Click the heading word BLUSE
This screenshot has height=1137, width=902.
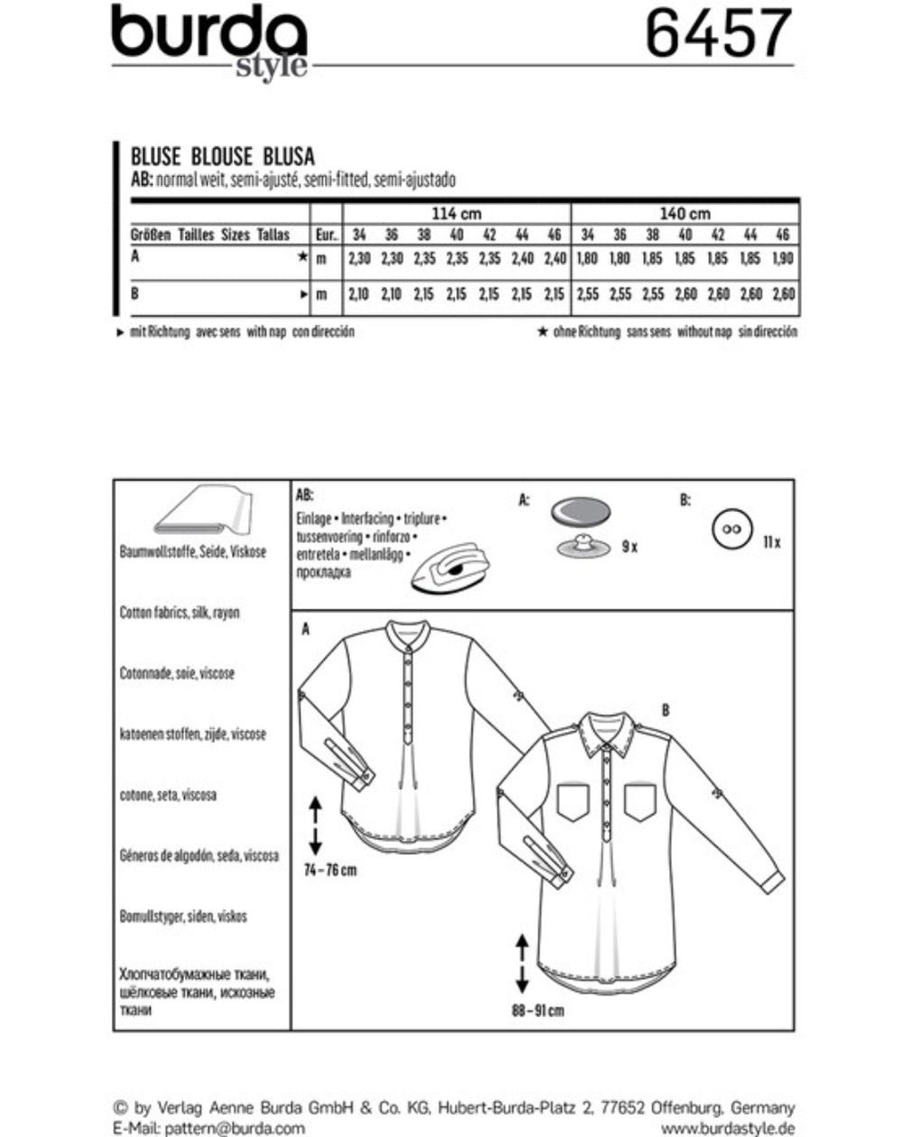tap(151, 155)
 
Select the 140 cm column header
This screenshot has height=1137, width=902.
tap(686, 214)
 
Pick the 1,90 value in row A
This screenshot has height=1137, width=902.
tap(783, 258)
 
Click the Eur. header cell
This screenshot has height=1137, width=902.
tap(326, 235)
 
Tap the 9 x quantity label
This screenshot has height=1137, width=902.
tap(629, 547)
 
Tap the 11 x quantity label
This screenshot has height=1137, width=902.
tap(770, 542)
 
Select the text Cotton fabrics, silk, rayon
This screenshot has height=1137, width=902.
tap(180, 612)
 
